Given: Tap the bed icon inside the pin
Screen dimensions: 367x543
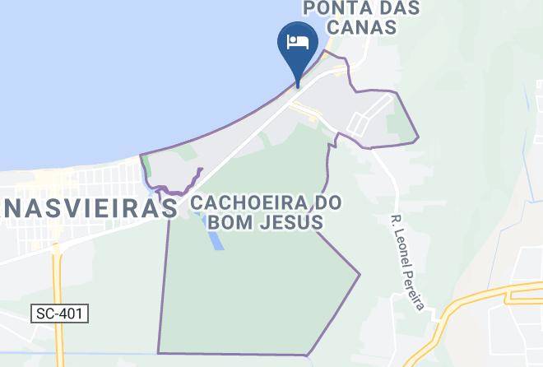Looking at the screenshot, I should pos(297,39).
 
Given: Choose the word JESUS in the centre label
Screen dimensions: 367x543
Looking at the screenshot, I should pos(290,223).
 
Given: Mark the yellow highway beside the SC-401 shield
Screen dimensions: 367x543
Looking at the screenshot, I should pos(58,280).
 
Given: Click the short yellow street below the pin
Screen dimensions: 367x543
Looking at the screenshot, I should pos(313,119).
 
